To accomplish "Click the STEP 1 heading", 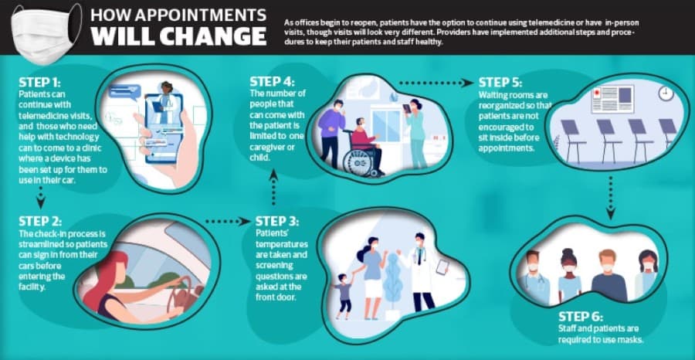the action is coord(39,83).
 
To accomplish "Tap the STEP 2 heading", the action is coord(40,221).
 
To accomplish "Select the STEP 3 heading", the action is coord(278,221).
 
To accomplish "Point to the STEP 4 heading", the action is coord(272,83).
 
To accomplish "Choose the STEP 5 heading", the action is coord(500,83).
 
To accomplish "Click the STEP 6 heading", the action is coord(580,317).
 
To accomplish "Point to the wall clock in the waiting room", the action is coord(666,93).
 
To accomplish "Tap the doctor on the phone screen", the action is coord(164,104).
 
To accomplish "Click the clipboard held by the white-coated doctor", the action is coord(442,267).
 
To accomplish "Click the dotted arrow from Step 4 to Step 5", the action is coord(436,83).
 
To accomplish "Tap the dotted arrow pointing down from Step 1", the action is coord(40,198).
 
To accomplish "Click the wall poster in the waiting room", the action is coord(612,100).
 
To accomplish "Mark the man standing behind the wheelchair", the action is coord(331,134).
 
